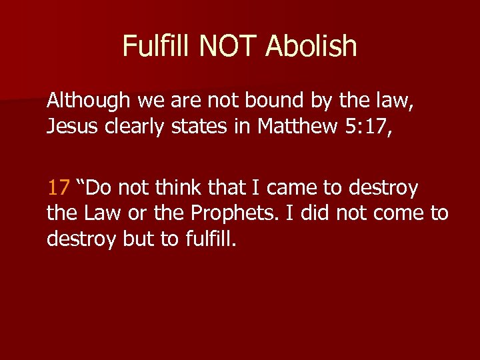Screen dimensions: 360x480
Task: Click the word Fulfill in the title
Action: point(157,46)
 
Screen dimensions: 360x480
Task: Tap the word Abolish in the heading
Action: point(311,46)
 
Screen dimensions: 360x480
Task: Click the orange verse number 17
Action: point(58,188)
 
